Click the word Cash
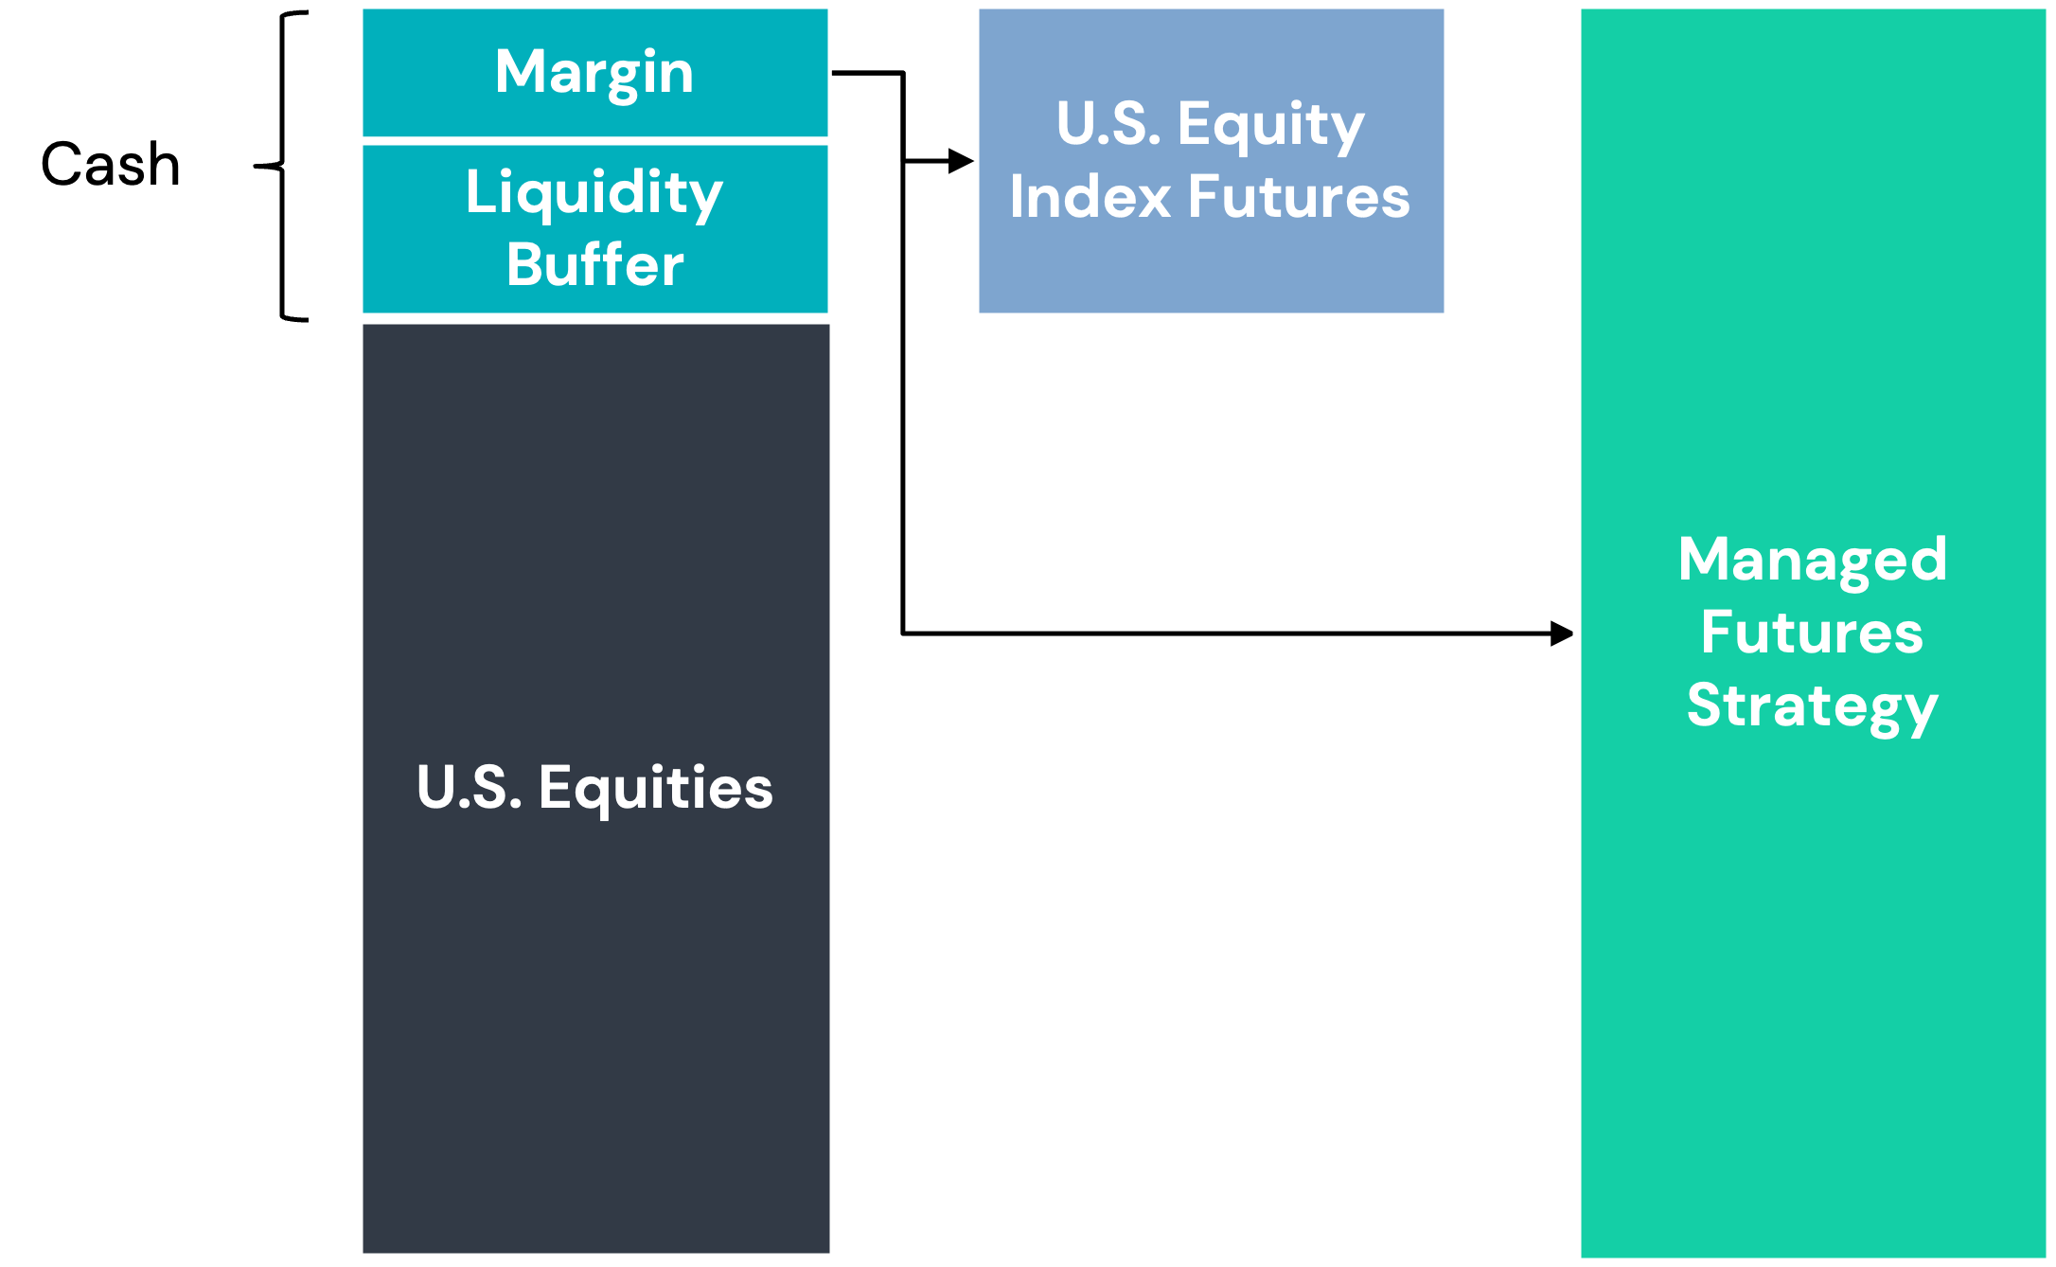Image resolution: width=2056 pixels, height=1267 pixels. pos(111,164)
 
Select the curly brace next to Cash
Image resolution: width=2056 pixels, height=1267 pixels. pos(282,167)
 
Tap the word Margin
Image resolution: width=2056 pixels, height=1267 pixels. pos(594,73)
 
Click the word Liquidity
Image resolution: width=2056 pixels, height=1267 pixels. pos(594,193)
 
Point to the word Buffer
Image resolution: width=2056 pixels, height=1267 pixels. pos(594,264)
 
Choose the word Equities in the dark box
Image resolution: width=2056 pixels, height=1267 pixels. pos(656,789)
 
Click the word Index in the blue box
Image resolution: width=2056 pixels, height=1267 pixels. pos(1090,197)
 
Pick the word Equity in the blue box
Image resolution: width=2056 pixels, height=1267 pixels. pos(1271,126)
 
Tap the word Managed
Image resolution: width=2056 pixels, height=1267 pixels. pos(1813,559)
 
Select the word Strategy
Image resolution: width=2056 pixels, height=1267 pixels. pos(1813,706)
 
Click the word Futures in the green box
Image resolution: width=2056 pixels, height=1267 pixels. pos(1813,632)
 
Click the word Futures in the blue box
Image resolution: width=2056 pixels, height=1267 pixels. pos(1300,197)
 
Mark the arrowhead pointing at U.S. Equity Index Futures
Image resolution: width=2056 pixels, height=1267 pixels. pos(961,161)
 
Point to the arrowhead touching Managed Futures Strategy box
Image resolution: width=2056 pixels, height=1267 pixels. pos(1562,633)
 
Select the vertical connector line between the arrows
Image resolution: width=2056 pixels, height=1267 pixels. pos(903,352)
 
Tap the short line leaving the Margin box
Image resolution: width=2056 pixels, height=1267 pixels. pos(867,73)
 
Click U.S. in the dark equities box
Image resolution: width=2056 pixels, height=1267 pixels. pos(470,788)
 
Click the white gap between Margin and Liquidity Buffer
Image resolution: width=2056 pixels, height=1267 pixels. pos(595,141)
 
